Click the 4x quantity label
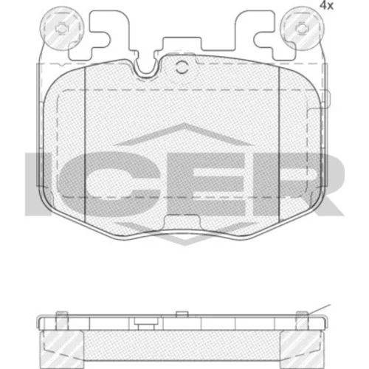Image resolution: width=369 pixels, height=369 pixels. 326,5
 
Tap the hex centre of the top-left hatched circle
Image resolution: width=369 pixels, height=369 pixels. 61,28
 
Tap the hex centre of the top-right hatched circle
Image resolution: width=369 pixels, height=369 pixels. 302,28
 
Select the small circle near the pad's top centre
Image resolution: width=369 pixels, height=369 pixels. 182,67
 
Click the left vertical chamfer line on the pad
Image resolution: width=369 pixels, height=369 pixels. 85,144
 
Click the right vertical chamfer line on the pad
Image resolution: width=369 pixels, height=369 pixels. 280,143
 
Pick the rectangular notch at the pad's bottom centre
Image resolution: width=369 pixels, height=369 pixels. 182,223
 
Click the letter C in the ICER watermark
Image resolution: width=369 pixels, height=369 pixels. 108,184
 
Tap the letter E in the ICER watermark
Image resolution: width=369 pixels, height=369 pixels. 209,184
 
